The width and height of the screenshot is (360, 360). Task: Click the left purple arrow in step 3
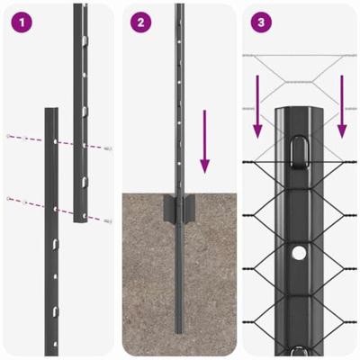(258, 107)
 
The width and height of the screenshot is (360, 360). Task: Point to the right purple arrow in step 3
(341, 107)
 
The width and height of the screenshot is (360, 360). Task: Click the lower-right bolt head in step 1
(109, 220)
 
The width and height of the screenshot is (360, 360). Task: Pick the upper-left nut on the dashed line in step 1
(9, 136)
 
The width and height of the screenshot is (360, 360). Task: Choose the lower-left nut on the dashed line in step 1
(8, 198)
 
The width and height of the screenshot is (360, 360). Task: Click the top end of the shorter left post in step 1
(51, 112)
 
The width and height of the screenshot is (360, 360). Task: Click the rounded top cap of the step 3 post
(297, 113)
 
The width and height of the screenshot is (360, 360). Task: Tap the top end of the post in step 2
(180, 6)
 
